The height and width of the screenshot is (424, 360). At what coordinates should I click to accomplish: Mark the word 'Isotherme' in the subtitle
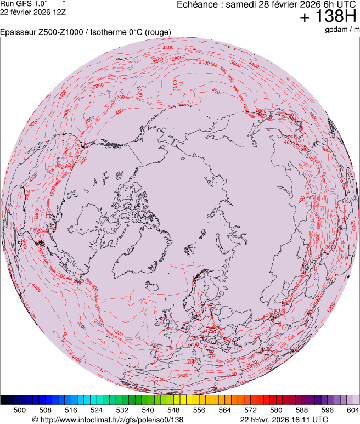pyautogui.click(x=107, y=32)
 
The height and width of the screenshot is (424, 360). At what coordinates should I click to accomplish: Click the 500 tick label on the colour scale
pyautogui.click(x=20, y=410)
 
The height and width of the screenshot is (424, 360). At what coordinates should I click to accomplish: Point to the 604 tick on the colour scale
pyautogui.click(x=352, y=410)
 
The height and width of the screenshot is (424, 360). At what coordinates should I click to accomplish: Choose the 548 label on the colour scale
pyautogui.click(x=173, y=410)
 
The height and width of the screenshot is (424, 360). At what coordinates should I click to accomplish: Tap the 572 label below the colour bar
pyautogui.click(x=250, y=410)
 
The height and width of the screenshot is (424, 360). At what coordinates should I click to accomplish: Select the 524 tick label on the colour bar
pyautogui.click(x=97, y=410)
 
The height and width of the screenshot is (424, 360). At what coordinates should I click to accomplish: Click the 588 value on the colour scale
pyautogui.click(x=301, y=410)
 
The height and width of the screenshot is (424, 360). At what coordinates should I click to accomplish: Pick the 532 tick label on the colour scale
pyautogui.click(x=122, y=410)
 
